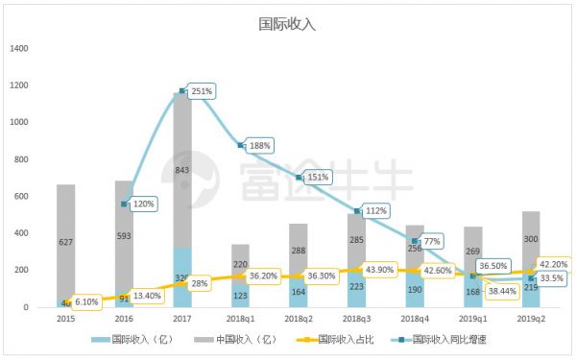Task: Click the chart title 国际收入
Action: click(x=288, y=24)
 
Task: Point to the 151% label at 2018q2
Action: click(x=319, y=178)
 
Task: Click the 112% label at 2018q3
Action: click(x=376, y=211)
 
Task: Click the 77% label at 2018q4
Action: click(x=431, y=241)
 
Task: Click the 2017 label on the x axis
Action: click(x=181, y=319)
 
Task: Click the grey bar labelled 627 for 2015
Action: click(x=65, y=243)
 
